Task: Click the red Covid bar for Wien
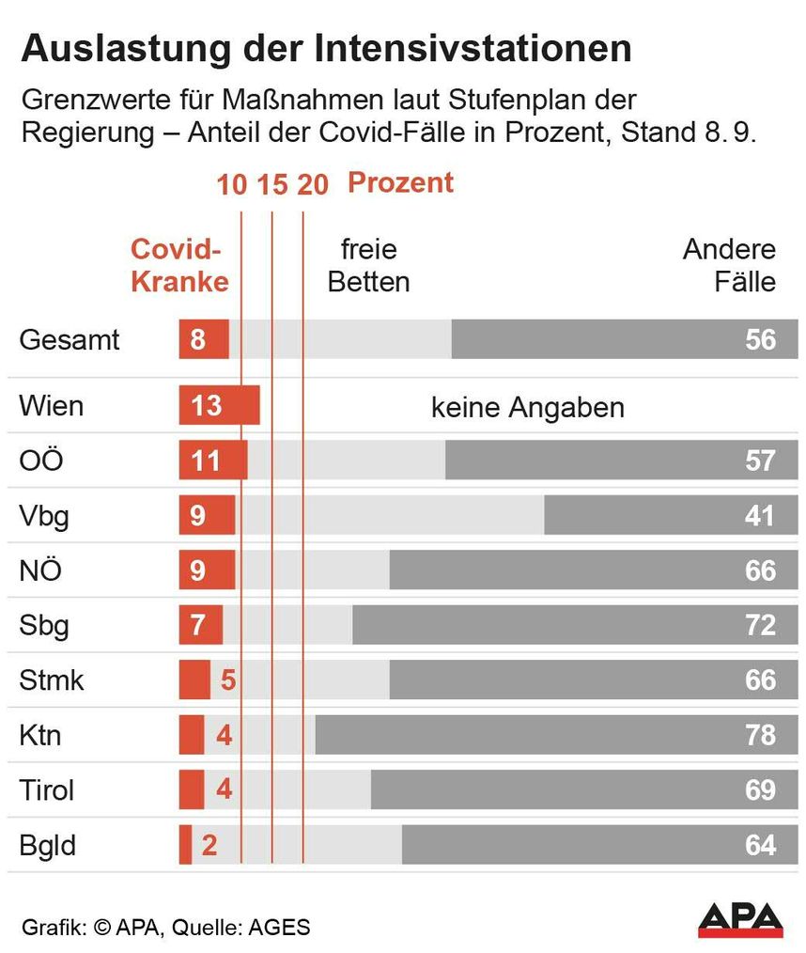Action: click(219, 405)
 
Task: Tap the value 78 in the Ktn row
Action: click(760, 735)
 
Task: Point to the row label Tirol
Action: click(46, 789)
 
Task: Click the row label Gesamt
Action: click(70, 339)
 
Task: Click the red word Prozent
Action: click(400, 182)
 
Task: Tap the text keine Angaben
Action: click(527, 408)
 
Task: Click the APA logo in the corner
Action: click(740, 920)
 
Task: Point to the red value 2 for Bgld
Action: click(209, 845)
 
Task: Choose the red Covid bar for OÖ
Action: click(213, 461)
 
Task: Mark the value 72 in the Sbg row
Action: click(760, 625)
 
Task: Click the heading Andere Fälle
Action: click(729, 265)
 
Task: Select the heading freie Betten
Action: click(368, 265)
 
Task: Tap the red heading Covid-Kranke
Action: click(179, 265)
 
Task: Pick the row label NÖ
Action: click(40, 570)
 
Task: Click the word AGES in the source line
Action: click(278, 928)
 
